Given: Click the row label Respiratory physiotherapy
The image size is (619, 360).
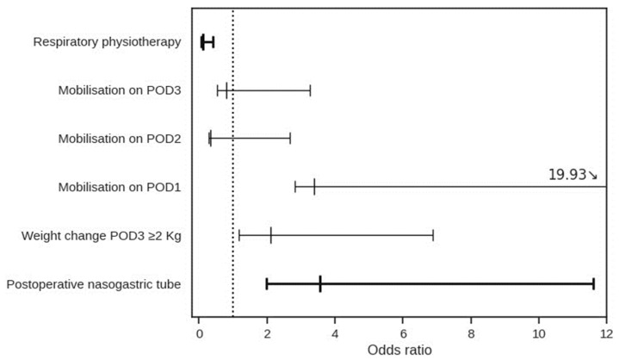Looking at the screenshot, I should [x=107, y=41].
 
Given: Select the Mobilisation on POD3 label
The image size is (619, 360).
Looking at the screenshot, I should [x=119, y=90].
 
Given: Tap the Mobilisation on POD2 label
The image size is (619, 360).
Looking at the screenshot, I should [x=119, y=138].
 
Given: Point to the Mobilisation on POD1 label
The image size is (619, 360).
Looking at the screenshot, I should [x=119, y=186].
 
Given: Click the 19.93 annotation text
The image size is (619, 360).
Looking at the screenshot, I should [x=567, y=175].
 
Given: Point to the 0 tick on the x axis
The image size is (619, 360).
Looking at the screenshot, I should [x=199, y=333].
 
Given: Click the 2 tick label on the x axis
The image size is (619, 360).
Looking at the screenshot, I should [x=267, y=333].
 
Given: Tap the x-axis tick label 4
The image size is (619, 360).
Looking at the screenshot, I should [x=335, y=333].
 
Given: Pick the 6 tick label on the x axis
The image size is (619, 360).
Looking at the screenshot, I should [x=403, y=333].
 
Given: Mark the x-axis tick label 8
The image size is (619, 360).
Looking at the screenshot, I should [x=471, y=333].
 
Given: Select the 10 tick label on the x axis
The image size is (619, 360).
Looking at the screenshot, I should [x=539, y=333].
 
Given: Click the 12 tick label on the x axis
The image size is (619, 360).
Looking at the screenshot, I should [x=605, y=333].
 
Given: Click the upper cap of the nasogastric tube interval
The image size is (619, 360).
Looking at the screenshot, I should [x=593, y=283].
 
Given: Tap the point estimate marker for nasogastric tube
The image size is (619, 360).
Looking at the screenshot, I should [x=320, y=283].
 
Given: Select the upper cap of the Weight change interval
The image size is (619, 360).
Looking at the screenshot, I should [x=433, y=234].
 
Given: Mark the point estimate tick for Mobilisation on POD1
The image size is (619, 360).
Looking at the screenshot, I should [x=314, y=186].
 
